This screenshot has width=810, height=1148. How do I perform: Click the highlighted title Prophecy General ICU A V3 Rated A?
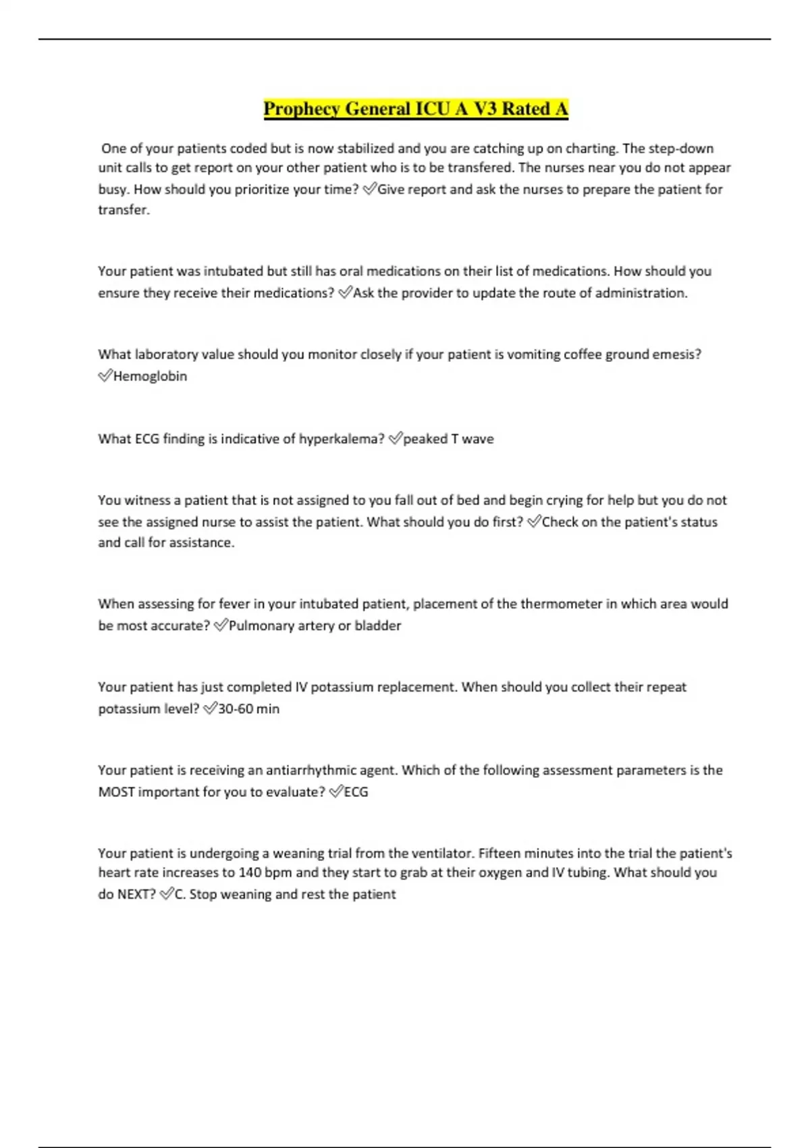415,109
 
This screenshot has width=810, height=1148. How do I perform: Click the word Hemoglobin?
150,376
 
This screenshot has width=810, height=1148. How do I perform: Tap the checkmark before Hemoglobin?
105,375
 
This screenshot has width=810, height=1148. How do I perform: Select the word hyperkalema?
342,439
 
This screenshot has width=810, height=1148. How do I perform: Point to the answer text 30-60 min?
248,708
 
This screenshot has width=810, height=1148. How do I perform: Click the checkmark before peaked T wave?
395,439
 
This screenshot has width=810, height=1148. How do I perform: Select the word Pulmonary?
260,625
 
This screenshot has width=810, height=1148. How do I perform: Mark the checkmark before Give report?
369,189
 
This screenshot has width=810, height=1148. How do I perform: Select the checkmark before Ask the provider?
345,292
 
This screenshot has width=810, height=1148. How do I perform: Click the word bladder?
377,625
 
